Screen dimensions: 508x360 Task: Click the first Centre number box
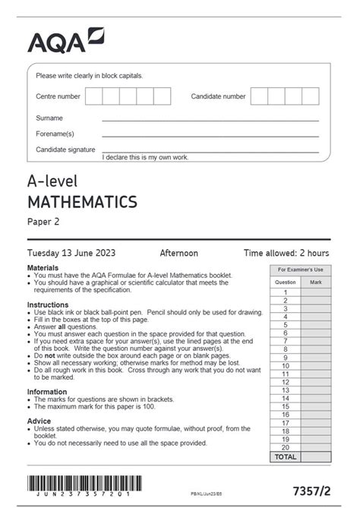93,96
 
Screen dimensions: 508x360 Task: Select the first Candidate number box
259,96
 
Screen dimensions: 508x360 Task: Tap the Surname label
49,118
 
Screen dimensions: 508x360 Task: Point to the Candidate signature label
65,150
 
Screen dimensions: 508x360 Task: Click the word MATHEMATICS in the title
82,202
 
